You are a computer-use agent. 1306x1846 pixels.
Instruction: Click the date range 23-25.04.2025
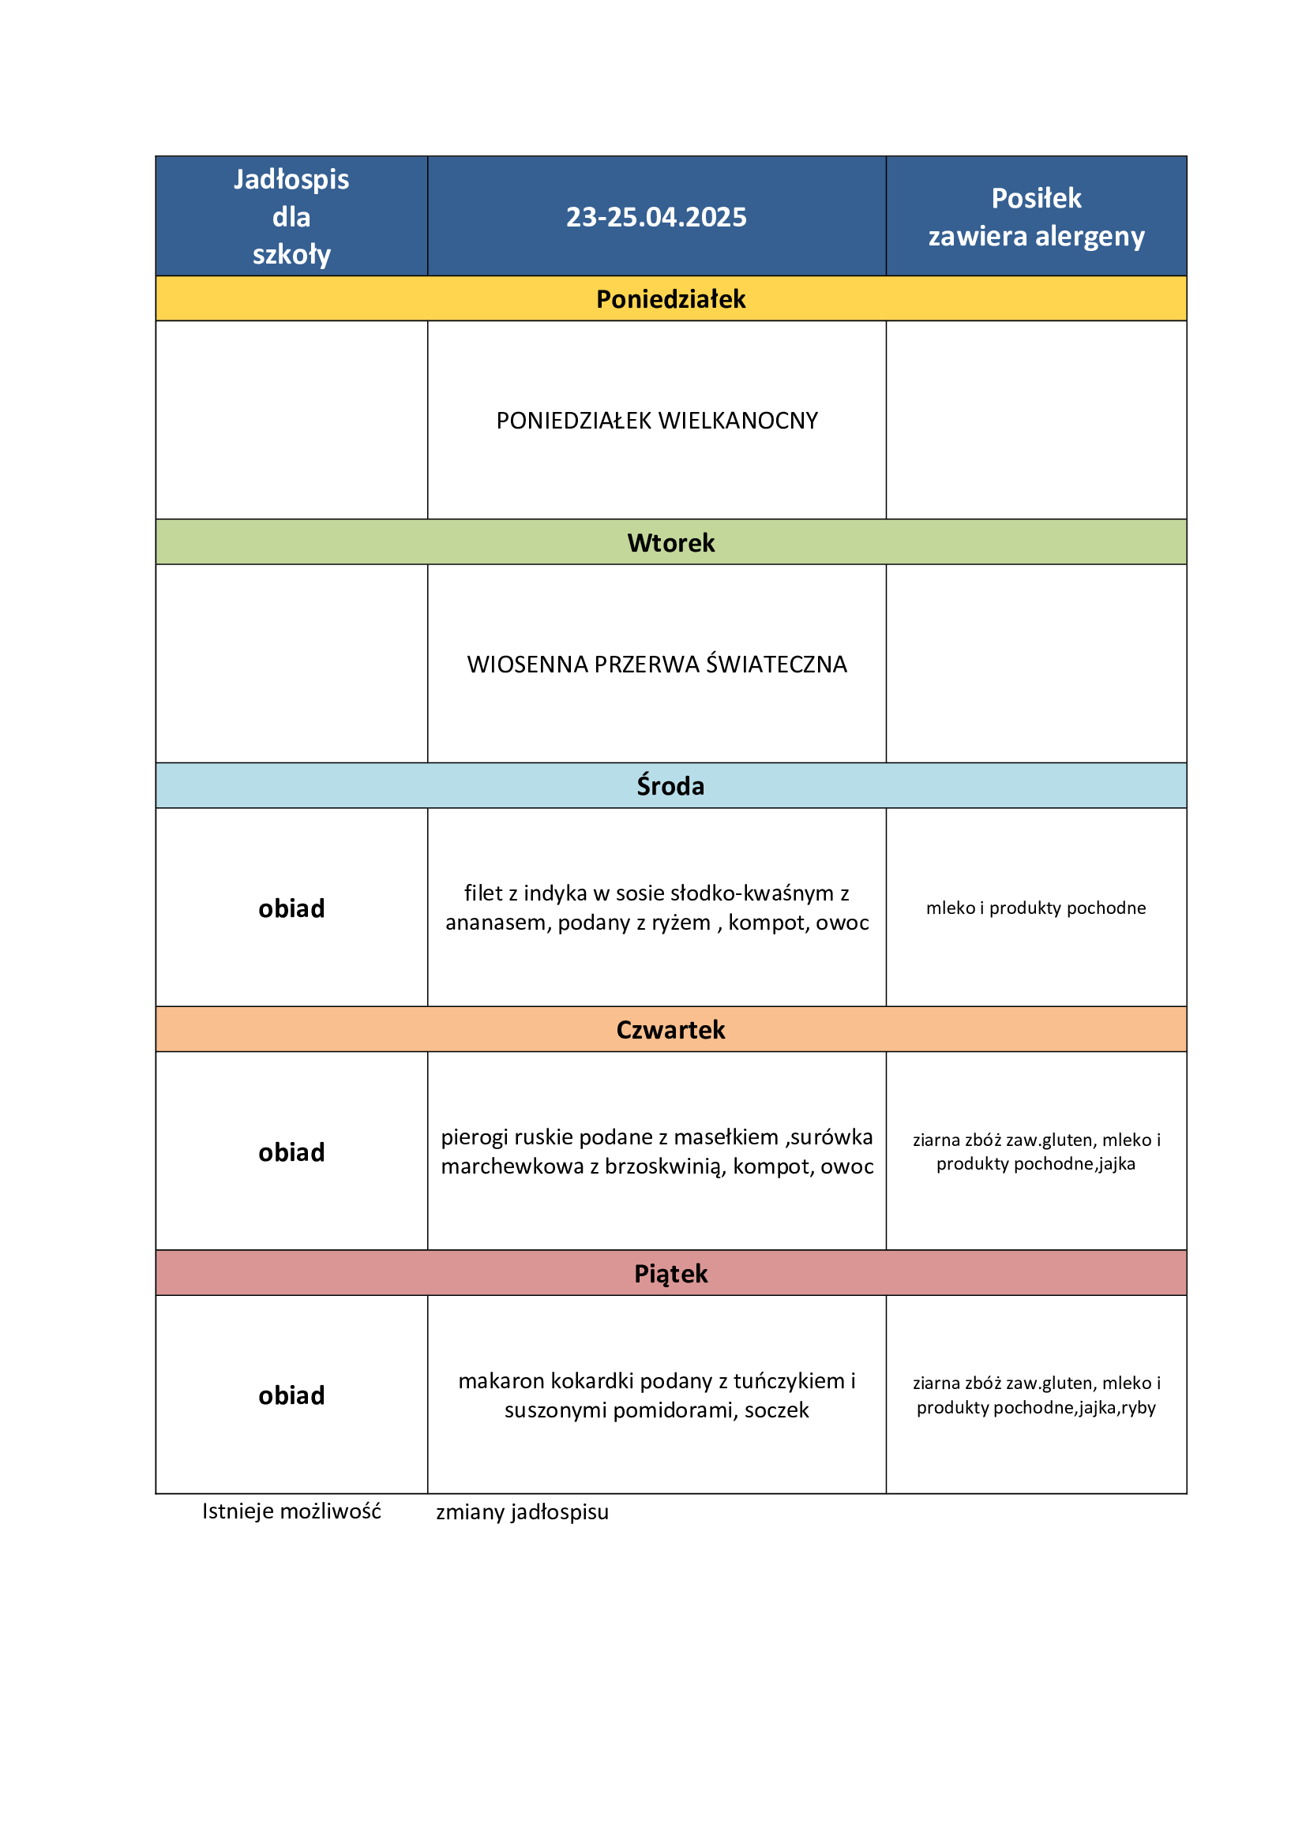pyautogui.click(x=655, y=217)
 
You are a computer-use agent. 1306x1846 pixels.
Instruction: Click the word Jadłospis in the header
pyautogui.click(x=291, y=179)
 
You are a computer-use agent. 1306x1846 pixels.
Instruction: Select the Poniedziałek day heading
pyautogui.click(x=670, y=299)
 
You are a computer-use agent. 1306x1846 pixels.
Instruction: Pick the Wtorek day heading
pyautogui.click(x=670, y=543)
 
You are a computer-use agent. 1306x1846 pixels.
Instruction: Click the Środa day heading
pyautogui.click(x=670, y=785)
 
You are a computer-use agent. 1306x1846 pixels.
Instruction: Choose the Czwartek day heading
pyautogui.click(x=670, y=1029)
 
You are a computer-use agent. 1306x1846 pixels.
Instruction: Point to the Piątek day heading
pyautogui.click(x=670, y=1273)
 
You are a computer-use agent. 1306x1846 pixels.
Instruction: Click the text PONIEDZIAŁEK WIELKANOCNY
pyautogui.click(x=656, y=421)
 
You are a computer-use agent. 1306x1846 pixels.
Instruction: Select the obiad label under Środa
pyautogui.click(x=291, y=908)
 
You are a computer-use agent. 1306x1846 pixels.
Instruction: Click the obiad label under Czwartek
pyautogui.click(x=291, y=1151)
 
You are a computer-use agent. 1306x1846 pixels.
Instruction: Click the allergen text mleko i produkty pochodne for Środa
pyautogui.click(x=1035, y=908)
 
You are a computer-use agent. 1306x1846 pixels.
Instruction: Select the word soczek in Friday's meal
pyautogui.click(x=776, y=1410)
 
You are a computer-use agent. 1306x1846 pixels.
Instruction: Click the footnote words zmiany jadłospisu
pyautogui.click(x=522, y=1511)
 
